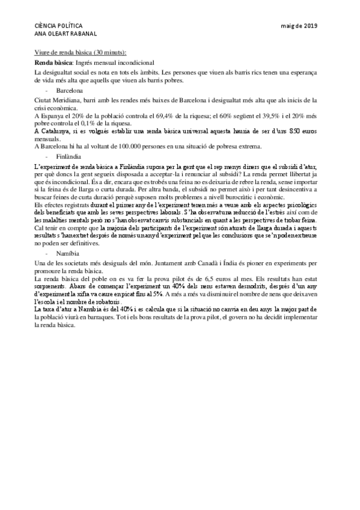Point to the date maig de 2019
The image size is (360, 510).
[x=299, y=25]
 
